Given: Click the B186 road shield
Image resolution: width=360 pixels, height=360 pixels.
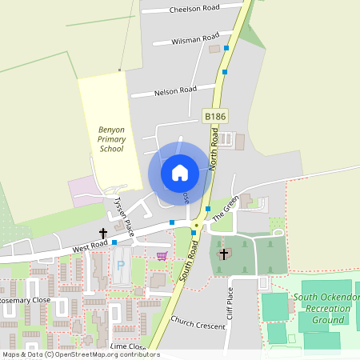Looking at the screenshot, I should tap(214, 117).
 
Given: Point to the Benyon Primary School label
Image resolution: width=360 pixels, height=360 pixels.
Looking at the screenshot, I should tap(111, 138).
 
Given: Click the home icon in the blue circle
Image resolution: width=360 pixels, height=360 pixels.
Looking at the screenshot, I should tap(180, 172).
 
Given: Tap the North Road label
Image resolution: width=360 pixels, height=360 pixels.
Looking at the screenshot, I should tap(214, 149).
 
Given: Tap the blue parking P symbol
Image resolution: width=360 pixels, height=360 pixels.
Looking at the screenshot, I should tap(121, 264).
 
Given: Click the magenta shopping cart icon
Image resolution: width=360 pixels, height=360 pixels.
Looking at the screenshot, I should tap(162, 256).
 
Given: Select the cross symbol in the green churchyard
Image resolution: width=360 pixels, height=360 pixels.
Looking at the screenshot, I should tap(223, 254).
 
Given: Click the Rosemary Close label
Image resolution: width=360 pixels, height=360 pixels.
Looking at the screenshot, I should tap(25, 300).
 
